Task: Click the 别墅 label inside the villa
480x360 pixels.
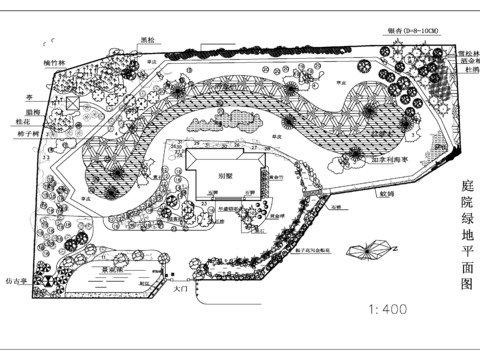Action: click(x=226, y=173)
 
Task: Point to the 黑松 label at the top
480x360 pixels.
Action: click(x=148, y=41)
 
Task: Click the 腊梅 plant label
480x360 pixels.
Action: click(x=33, y=111)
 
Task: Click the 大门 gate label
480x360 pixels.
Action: click(x=181, y=290)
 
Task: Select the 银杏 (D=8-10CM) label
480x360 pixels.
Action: click(x=407, y=31)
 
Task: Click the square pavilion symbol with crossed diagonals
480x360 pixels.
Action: click(x=72, y=103)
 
